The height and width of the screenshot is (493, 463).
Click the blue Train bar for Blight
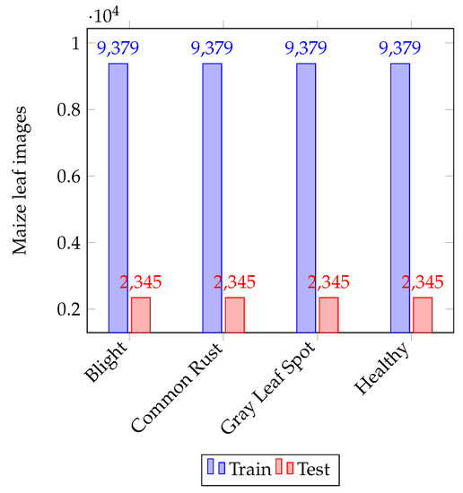coord(118,197)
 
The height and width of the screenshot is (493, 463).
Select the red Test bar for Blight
coord(141,315)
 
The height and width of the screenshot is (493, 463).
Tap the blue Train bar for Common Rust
coord(212,197)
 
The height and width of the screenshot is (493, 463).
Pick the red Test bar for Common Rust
coord(234,315)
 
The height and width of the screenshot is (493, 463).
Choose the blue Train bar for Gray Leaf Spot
coord(305,197)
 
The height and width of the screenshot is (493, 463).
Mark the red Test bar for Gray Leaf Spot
coord(328,315)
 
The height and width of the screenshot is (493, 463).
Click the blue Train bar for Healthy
coord(399,197)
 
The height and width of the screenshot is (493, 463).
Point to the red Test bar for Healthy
coord(422,315)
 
